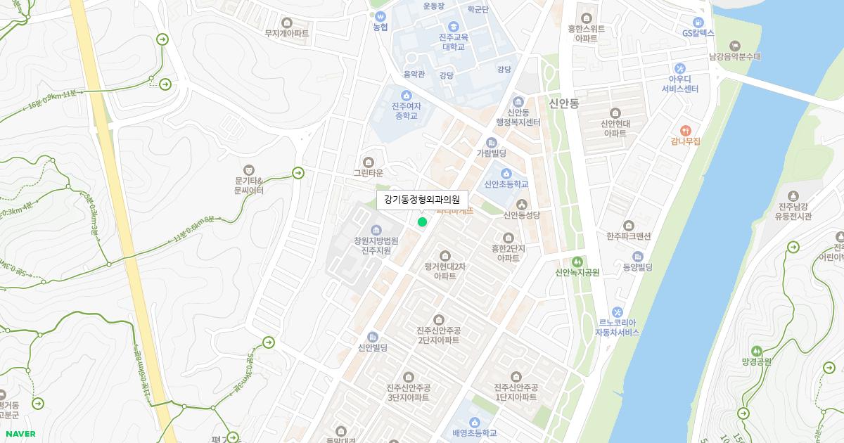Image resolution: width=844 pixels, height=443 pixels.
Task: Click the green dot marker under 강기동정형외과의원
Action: pyautogui.click(x=422, y=222)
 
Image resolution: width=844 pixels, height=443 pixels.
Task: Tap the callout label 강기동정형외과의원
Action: pyautogui.click(x=421, y=200)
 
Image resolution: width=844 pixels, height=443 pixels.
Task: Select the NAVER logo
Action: pyautogui.click(x=20, y=434)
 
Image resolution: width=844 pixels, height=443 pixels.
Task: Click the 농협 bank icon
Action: pyautogui.click(x=381, y=15)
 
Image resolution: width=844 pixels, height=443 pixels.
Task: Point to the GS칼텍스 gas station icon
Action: pyautogui.click(x=698, y=22)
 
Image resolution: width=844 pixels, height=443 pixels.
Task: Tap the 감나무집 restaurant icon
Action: pyautogui.click(x=686, y=130)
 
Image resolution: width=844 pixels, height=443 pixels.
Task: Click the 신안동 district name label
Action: pyautogui.click(x=563, y=103)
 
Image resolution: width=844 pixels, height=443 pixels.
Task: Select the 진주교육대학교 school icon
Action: pyautogui.click(x=454, y=26)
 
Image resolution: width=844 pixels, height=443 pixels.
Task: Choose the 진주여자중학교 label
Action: pyautogui.click(x=406, y=110)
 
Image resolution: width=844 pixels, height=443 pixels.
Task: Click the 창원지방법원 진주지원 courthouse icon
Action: pyautogui.click(x=376, y=230)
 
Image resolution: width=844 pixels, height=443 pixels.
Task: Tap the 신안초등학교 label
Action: pyautogui.click(x=506, y=184)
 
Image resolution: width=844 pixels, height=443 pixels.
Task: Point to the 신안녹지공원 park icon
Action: pyautogui.click(x=577, y=262)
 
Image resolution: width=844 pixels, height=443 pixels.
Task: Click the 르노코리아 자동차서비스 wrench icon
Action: pyautogui.click(x=617, y=312)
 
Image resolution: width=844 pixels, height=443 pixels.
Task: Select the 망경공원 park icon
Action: pyautogui.click(x=757, y=351)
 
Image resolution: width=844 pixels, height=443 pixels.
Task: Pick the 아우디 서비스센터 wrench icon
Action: pyautogui.click(x=679, y=68)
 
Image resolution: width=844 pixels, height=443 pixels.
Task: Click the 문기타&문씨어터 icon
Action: pyautogui.click(x=248, y=169)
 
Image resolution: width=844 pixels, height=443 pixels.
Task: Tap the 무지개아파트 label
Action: pyautogui.click(x=286, y=33)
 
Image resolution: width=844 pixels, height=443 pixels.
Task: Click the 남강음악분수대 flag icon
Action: pyautogui.click(x=735, y=46)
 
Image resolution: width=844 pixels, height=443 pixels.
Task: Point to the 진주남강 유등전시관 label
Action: pyautogui.click(x=793, y=212)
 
